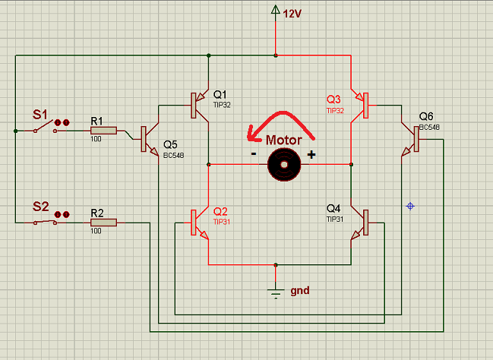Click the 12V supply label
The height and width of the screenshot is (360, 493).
pos(292,14)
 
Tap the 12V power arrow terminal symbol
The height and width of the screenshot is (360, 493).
pos(276,10)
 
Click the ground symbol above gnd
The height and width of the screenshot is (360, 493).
pos(276,293)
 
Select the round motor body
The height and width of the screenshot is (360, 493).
pos(284,165)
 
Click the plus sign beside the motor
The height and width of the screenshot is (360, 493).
pos(311,154)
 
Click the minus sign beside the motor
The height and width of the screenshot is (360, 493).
pos(254,153)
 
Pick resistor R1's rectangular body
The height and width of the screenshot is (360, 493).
pos(104,131)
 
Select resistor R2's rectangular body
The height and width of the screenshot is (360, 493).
pos(104,223)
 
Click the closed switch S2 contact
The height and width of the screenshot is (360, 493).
pos(46,223)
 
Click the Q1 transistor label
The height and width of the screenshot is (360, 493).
pos(220,94)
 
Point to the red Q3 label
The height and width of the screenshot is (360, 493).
pos(333,99)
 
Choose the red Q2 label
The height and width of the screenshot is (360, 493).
pos(220,211)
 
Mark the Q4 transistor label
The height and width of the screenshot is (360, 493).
pos(333,208)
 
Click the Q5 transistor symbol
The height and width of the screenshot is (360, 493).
pos(150,139)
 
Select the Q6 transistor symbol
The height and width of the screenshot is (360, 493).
pos(411,139)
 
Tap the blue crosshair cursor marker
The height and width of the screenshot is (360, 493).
pos(410,207)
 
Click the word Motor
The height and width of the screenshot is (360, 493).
pos(284,140)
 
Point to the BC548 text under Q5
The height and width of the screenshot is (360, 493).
pos(173,156)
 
